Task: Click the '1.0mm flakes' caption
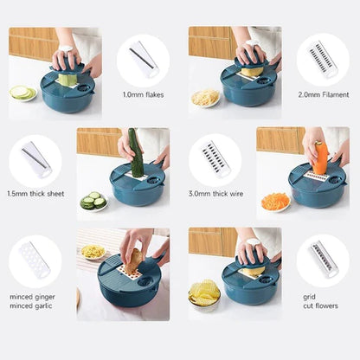click(144, 95)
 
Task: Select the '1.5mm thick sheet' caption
click(36, 193)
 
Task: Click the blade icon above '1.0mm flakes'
click(143, 60)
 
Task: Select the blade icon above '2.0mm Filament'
click(323, 60)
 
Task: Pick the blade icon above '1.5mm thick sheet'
click(35, 158)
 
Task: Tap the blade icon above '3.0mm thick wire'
click(215, 158)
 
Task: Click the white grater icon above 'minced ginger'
click(35, 260)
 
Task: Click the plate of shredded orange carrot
click(275, 201)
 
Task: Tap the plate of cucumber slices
click(93, 201)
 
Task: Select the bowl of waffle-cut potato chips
click(204, 295)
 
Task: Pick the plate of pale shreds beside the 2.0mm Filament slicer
click(205, 98)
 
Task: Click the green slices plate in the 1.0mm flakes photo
click(22, 93)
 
